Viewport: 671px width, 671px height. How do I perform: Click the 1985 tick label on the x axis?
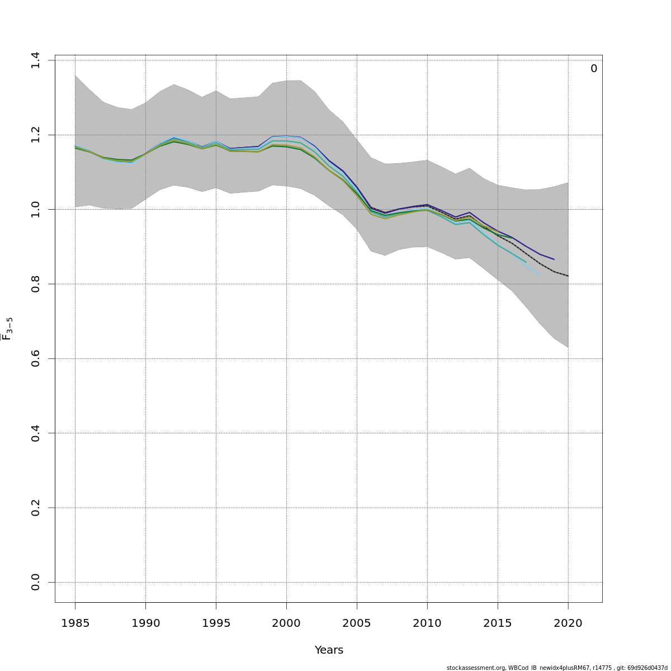pyautogui.click(x=75, y=623)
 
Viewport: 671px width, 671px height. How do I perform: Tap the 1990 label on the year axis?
pyautogui.click(x=145, y=623)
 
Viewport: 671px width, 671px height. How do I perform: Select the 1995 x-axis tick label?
pyautogui.click(x=216, y=623)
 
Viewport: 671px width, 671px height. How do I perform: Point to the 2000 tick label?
pyautogui.click(x=286, y=623)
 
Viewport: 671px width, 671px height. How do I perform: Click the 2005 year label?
pyautogui.click(x=357, y=623)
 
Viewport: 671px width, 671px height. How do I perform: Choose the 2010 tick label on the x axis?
pyautogui.click(x=427, y=623)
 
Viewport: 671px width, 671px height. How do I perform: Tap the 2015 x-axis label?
pyautogui.click(x=498, y=623)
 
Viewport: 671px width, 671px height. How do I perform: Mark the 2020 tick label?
pyautogui.click(x=568, y=623)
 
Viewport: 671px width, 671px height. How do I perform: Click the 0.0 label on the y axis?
pyautogui.click(x=36, y=582)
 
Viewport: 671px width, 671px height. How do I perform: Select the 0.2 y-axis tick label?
pyautogui.click(x=36, y=508)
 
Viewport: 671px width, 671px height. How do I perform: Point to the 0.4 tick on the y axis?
pyautogui.click(x=36, y=433)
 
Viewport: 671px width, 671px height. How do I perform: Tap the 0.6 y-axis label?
pyautogui.click(x=36, y=358)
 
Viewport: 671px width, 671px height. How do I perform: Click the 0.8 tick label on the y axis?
pyautogui.click(x=36, y=284)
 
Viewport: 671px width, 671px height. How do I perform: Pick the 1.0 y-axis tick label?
pyautogui.click(x=36, y=210)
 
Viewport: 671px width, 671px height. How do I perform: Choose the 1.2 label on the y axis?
pyautogui.click(x=36, y=135)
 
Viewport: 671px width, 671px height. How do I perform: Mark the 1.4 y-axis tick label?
pyautogui.click(x=36, y=60)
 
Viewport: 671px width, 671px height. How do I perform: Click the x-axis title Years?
pyautogui.click(x=329, y=650)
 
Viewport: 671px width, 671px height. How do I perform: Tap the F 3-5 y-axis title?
pyautogui.click(x=7, y=329)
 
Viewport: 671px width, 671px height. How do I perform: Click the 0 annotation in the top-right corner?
pyautogui.click(x=594, y=69)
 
